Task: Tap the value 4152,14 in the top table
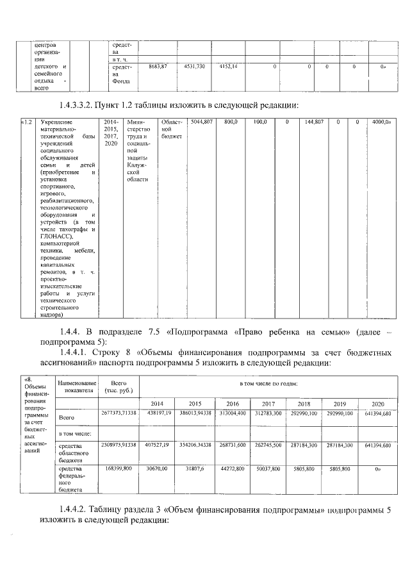pyautogui.click(x=229, y=66)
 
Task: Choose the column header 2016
pyautogui.click(x=231, y=403)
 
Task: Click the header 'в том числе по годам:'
pyautogui.click(x=267, y=383)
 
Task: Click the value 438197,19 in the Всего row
pyautogui.click(x=158, y=415)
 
